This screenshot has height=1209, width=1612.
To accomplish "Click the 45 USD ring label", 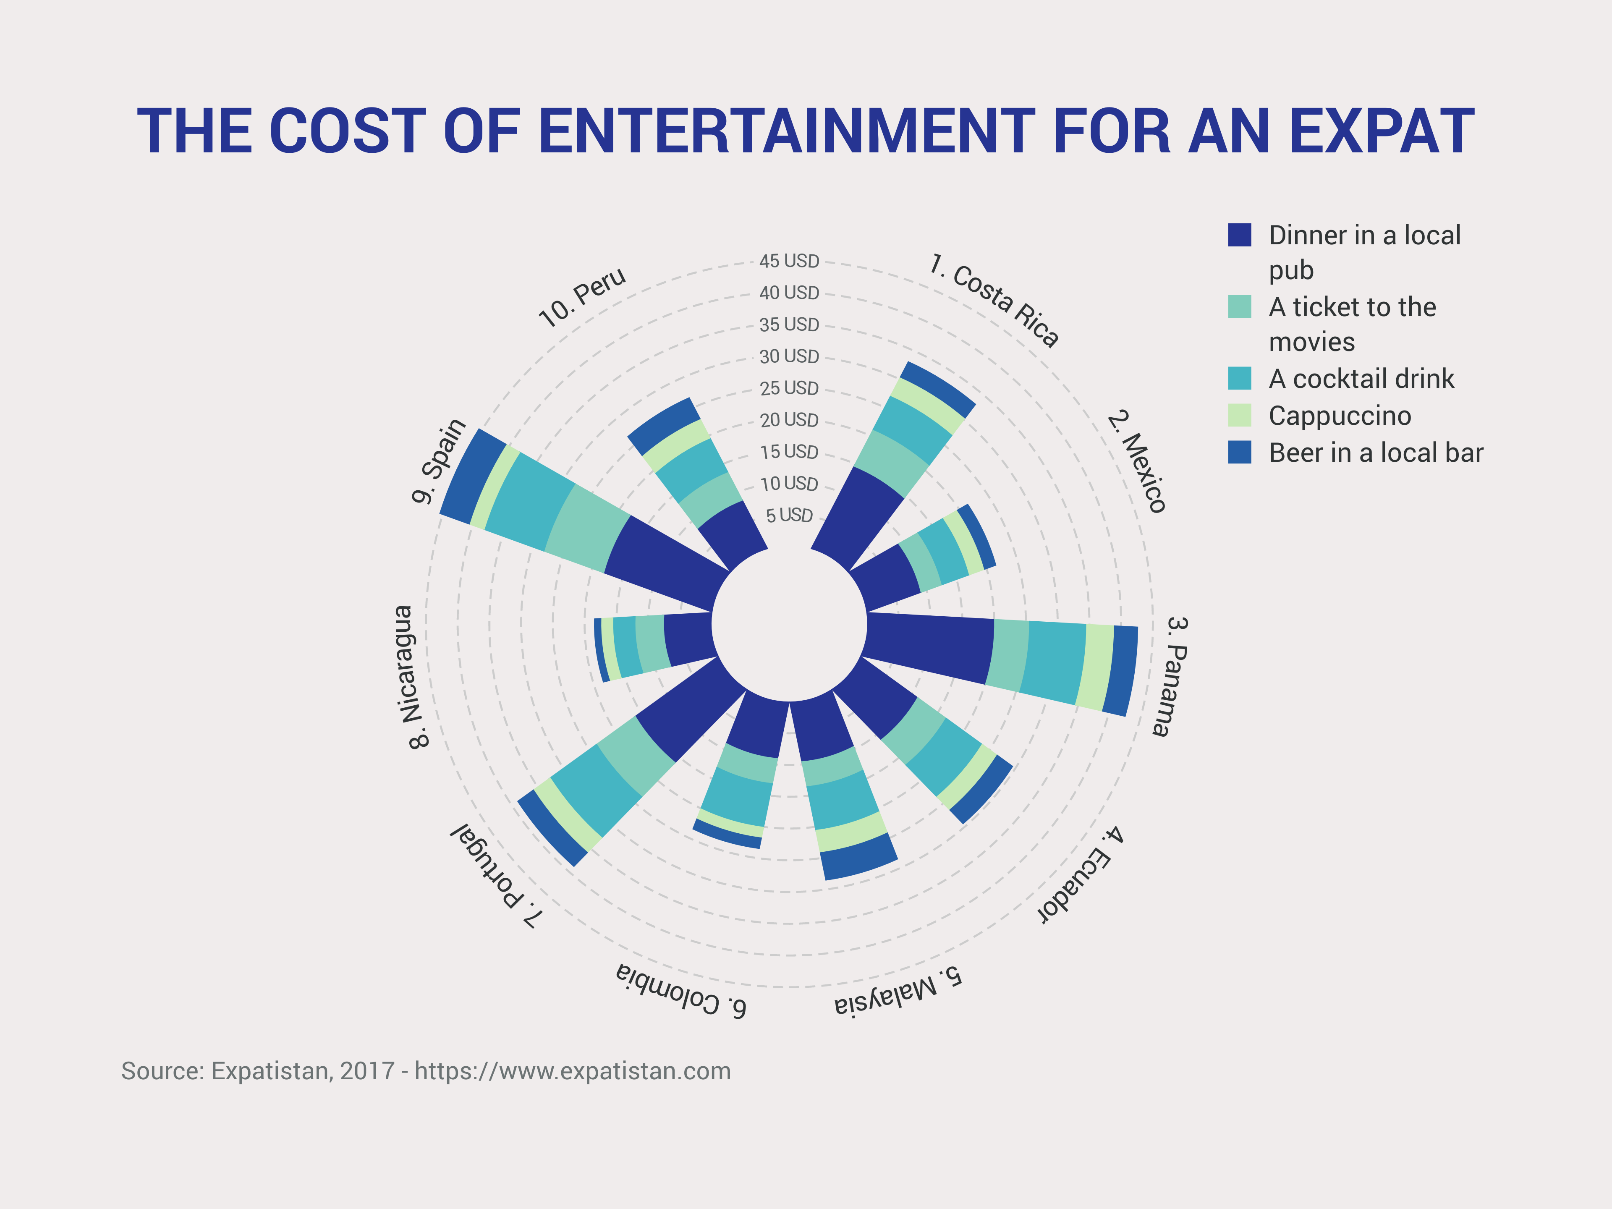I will pyautogui.click(x=789, y=261).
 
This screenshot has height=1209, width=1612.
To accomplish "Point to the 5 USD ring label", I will pyautogui.click(x=789, y=515).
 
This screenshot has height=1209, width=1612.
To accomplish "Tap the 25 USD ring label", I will pyautogui.click(x=789, y=388).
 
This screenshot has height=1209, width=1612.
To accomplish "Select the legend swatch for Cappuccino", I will pyautogui.click(x=1240, y=416).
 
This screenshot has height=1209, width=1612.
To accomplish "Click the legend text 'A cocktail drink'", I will pyautogui.click(x=1361, y=379).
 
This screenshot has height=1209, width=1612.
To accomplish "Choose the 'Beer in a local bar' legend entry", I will pyautogui.click(x=1376, y=453).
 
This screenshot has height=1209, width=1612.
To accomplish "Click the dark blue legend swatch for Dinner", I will pyautogui.click(x=1240, y=235).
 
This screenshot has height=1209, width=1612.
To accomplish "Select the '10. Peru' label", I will pyautogui.click(x=581, y=297).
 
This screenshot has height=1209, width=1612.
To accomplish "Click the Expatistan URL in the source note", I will pyautogui.click(x=573, y=1071).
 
